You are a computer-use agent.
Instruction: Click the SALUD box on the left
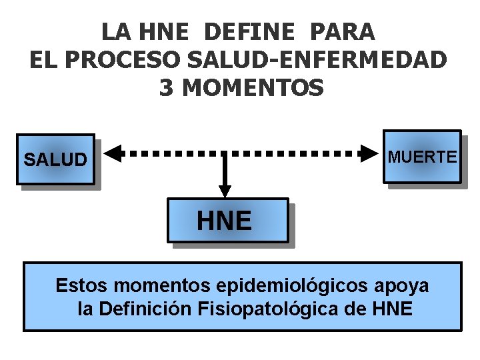(x=55, y=160)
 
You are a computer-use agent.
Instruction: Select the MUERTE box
(x=423, y=157)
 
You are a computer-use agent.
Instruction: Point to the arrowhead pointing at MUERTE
(x=369, y=153)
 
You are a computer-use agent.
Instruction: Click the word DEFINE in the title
(x=249, y=31)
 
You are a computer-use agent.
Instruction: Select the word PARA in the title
(x=343, y=31)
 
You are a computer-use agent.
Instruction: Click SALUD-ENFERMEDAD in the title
(x=318, y=60)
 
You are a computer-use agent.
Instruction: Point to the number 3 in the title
(x=166, y=88)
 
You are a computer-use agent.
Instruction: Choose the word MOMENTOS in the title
(x=252, y=88)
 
